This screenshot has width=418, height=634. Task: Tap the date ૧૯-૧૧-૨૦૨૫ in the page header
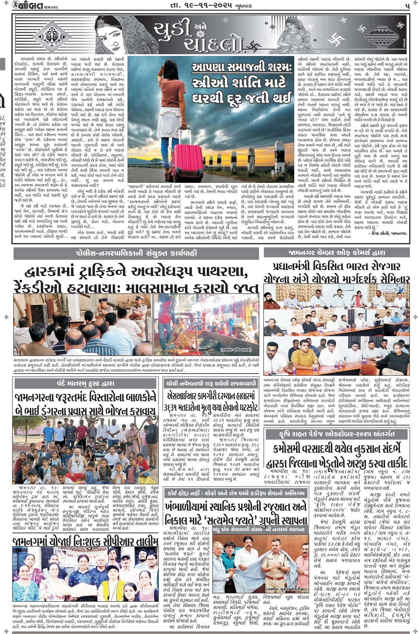(196, 5)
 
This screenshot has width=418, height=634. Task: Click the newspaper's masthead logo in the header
(30, 5)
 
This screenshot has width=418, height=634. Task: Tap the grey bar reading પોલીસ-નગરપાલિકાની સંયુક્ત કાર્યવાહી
(136, 253)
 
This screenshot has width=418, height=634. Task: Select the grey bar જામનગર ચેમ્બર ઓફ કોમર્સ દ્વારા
(337, 253)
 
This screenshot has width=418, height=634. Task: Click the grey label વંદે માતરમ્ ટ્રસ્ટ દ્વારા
(85, 383)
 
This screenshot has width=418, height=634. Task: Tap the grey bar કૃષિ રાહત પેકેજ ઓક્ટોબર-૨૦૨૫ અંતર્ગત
(337, 434)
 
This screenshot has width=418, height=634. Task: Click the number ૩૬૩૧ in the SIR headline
(175, 407)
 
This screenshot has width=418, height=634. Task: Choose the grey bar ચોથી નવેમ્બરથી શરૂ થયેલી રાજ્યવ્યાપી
(211, 383)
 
